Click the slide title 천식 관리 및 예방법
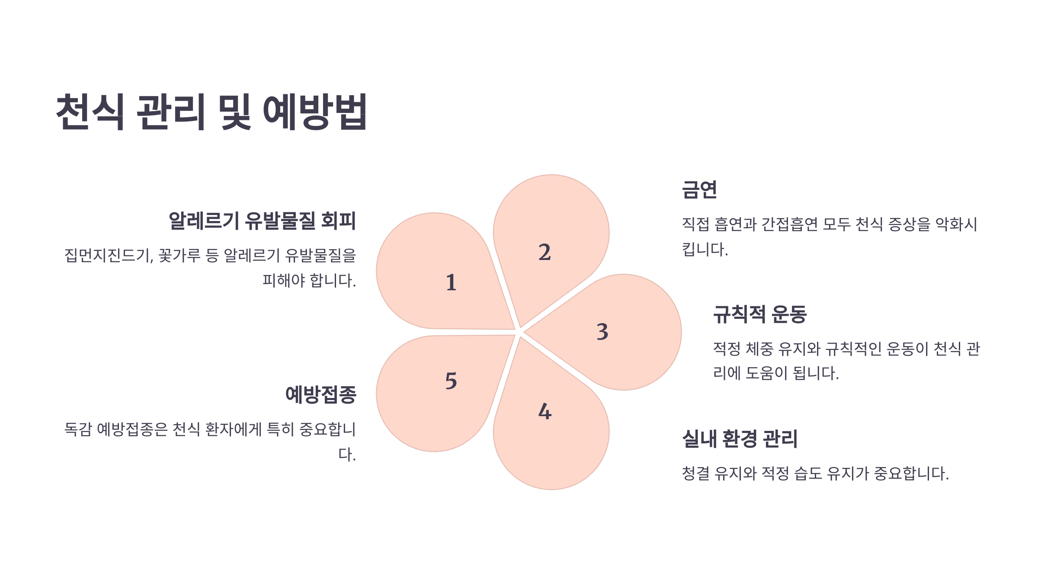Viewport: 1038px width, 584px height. (211, 112)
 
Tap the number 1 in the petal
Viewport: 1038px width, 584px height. (451, 282)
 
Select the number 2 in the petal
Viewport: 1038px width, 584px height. (545, 252)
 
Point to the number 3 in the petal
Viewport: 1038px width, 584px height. (602, 332)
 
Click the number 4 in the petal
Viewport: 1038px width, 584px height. (545, 411)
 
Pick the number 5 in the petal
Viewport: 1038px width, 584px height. (451, 381)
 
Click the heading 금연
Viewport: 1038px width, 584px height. (699, 190)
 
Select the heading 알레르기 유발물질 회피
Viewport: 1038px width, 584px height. (262, 221)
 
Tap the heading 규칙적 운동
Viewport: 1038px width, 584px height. (760, 314)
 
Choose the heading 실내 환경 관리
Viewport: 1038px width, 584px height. (740, 439)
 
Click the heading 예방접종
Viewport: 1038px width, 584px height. (320, 395)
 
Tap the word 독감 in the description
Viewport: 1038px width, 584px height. (78, 429)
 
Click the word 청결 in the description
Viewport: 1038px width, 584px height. (695, 473)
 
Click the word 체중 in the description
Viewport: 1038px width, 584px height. (760, 349)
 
